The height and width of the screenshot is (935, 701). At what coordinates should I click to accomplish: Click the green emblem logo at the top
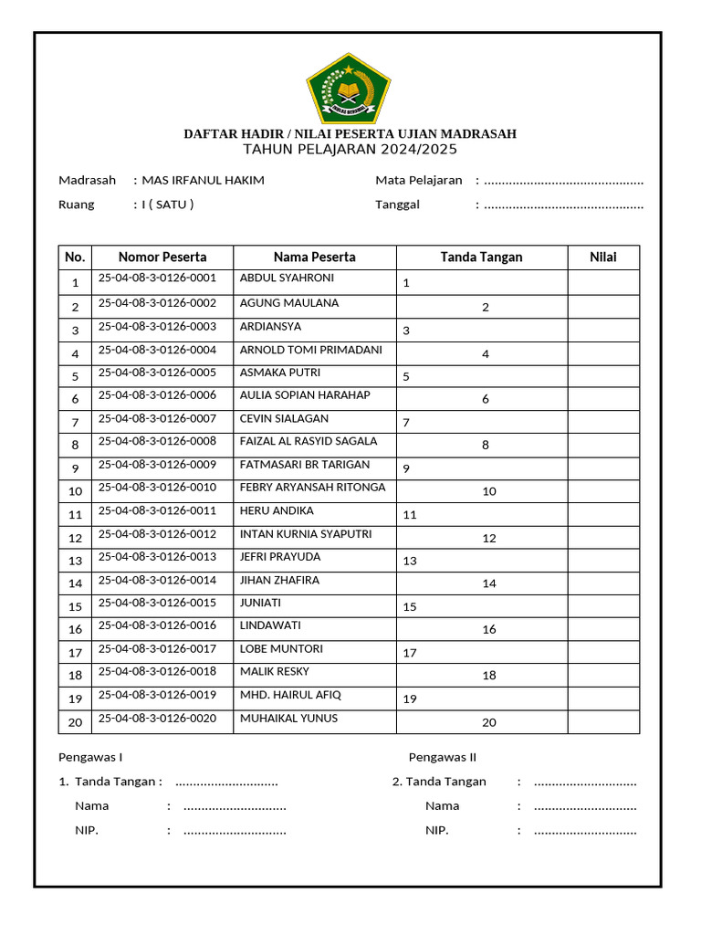pyautogui.click(x=350, y=89)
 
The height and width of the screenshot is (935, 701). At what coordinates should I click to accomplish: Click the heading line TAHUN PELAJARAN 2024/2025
pyautogui.click(x=350, y=150)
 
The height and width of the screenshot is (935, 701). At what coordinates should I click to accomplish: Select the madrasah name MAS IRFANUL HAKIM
pyautogui.click(x=203, y=180)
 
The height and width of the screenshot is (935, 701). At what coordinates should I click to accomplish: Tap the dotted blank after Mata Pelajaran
pyautogui.click(x=563, y=181)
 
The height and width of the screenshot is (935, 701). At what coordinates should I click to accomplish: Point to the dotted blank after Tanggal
pyautogui.click(x=563, y=205)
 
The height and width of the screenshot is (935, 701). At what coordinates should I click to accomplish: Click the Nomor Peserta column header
pyautogui.click(x=162, y=257)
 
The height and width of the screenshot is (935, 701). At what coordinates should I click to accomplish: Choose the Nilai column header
pyautogui.click(x=602, y=257)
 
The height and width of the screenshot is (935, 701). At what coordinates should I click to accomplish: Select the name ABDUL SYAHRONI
pyautogui.click(x=287, y=278)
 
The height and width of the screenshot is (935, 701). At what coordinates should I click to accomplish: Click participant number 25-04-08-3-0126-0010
pyautogui.click(x=157, y=487)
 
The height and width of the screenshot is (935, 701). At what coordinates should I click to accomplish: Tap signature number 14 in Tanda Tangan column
pyautogui.click(x=489, y=583)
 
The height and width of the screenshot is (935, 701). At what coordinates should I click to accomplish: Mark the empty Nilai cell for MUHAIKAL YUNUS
pyautogui.click(x=602, y=721)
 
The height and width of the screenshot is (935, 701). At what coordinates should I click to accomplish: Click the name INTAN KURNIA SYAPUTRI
pyautogui.click(x=305, y=533)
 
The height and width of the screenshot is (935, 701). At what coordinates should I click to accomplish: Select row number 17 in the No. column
pyautogui.click(x=75, y=653)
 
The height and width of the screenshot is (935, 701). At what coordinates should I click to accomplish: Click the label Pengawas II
pyautogui.click(x=443, y=757)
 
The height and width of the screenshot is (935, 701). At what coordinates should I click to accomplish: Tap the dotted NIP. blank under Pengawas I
pyautogui.click(x=235, y=831)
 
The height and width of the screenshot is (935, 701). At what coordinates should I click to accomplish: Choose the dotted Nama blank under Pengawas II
pyautogui.click(x=584, y=806)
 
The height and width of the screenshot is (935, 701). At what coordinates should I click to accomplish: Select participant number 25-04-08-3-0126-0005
pyautogui.click(x=157, y=372)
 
